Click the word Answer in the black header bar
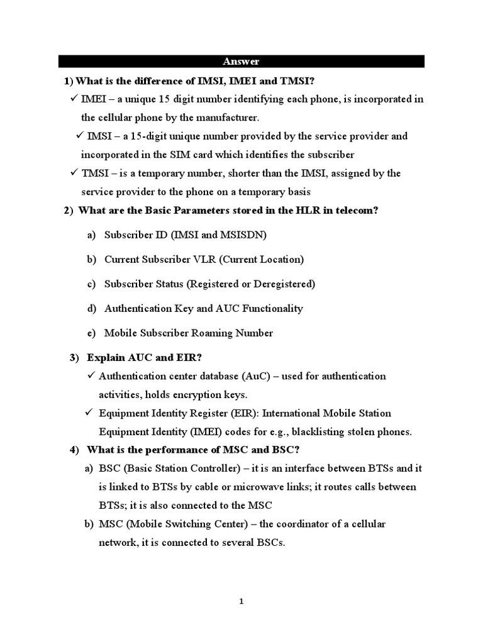[241, 61]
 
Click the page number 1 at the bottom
[241, 601]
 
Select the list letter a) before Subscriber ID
[91, 235]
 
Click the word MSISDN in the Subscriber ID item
[242, 235]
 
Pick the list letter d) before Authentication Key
[92, 308]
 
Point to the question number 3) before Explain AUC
[74, 357]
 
